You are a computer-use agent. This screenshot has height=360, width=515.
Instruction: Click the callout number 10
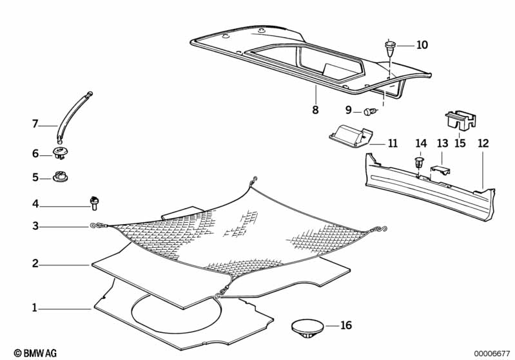pos(422,45)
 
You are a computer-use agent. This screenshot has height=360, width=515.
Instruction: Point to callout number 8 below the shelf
pos(315,109)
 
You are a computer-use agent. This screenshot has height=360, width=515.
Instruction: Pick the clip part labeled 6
pos(60,153)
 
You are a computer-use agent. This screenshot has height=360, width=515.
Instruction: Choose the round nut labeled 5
pos(60,176)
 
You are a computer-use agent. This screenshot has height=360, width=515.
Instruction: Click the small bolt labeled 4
pos(94,203)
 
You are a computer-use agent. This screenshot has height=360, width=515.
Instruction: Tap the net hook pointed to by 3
pos(97,225)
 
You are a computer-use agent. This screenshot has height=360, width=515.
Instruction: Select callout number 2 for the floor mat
pos(35,263)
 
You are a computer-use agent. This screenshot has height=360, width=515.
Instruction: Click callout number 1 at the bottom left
pos(35,308)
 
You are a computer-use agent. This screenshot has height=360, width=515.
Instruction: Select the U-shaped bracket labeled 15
pos(460,120)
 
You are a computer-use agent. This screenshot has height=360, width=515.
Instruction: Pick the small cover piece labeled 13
pos(440,170)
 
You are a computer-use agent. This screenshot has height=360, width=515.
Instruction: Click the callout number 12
pos(483,144)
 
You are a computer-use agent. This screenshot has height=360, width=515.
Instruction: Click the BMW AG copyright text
pos(35,353)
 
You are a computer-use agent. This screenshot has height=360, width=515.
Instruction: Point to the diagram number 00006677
pos(492,354)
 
